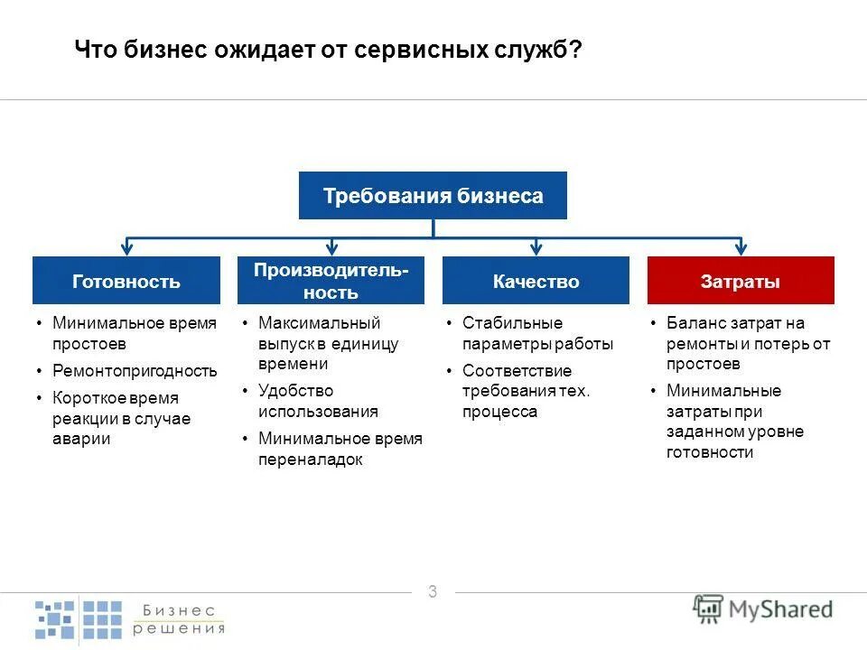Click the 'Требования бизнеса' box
point(433,195)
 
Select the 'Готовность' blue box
point(126,281)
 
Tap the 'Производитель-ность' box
point(331,281)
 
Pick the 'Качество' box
point(536,281)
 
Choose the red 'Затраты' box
point(741,281)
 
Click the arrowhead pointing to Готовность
point(127,247)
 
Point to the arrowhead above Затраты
point(741,247)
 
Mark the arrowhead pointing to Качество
point(536,247)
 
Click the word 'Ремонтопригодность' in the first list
point(135,371)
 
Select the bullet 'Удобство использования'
point(318,401)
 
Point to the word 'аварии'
point(81,439)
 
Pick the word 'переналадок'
point(310,460)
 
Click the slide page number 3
point(433,592)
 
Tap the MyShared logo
point(764,608)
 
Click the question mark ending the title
point(575,51)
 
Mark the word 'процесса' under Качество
point(499,412)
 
